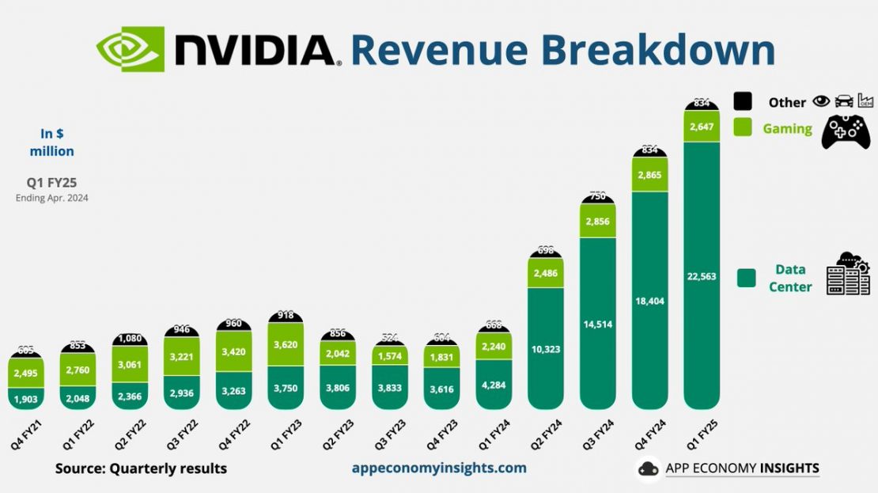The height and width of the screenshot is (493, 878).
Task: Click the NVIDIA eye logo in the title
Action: [130, 49]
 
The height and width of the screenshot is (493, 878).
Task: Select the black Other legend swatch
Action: [743, 101]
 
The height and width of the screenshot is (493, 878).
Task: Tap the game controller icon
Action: [846, 131]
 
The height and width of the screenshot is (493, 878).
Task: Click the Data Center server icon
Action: [848, 275]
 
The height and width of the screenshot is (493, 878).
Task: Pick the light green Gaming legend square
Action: [743, 127]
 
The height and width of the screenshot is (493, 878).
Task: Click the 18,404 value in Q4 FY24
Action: [649, 301]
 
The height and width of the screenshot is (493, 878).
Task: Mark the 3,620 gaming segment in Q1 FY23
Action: [286, 344]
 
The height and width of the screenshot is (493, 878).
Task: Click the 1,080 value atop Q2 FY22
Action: [130, 339]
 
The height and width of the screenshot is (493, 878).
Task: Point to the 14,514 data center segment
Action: [597, 324]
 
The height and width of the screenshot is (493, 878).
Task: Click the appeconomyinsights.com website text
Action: [439, 468]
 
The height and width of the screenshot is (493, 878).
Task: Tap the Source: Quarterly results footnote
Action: [141, 468]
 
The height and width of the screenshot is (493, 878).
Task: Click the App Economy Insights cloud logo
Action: [649, 468]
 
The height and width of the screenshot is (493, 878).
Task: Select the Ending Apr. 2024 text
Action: [52, 199]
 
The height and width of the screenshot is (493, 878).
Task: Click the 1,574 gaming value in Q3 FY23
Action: [389, 356]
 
